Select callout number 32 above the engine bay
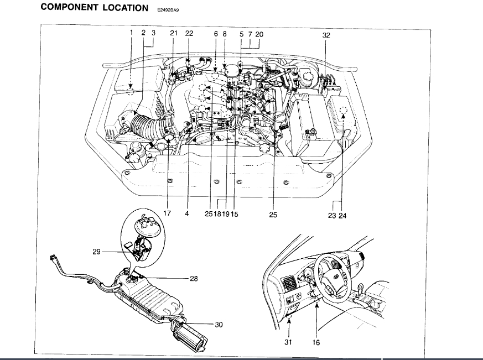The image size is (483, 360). [x=326, y=34]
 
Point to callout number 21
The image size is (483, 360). [x=173, y=34]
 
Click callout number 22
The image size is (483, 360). [x=189, y=34]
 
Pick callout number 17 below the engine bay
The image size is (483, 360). [x=167, y=213]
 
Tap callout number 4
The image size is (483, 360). [x=187, y=213]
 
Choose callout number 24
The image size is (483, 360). [x=343, y=215]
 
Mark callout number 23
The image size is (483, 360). [x=332, y=215]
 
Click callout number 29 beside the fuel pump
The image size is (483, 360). [x=97, y=252]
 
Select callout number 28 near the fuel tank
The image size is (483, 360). [x=194, y=279]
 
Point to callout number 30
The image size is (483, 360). [x=219, y=325]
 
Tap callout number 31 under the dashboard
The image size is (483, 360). [x=288, y=342]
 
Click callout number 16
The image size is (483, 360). [x=316, y=342]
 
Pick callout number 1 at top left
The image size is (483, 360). [x=132, y=33]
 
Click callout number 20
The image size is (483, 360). [x=259, y=34]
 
